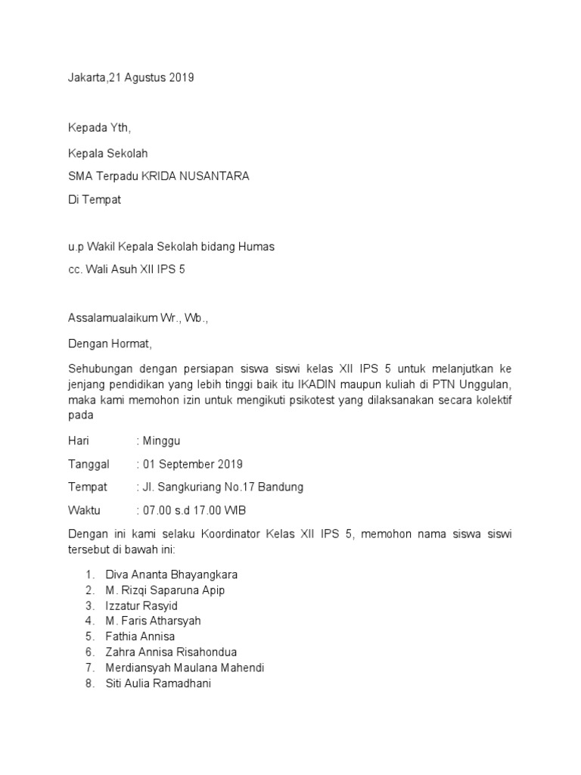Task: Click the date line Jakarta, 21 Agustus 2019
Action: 131,78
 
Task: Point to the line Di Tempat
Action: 94,200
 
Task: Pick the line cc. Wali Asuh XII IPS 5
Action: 126,269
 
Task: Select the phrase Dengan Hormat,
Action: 110,344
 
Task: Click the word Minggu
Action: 161,440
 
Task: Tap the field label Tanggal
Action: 89,464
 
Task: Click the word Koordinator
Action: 222,534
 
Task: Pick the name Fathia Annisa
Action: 140,636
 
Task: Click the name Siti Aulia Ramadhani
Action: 158,683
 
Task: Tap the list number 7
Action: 89,668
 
